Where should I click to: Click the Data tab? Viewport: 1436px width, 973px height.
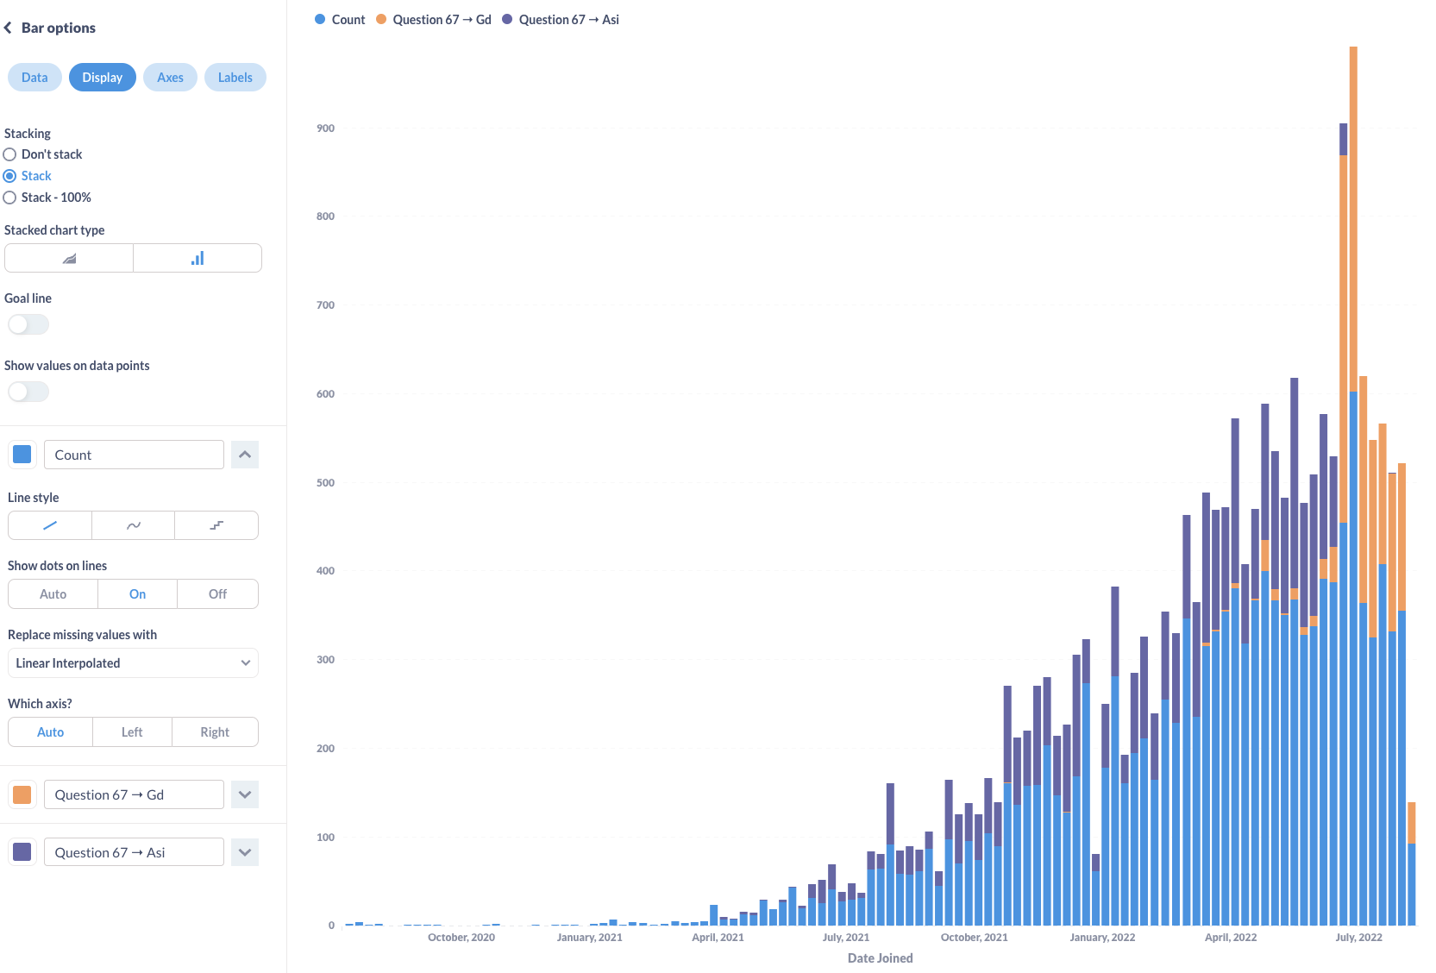pos(34,78)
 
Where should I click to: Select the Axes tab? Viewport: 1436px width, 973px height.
pos(170,78)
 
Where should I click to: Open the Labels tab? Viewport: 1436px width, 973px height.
pos(235,78)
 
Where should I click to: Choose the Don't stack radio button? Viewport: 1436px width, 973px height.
pos(10,154)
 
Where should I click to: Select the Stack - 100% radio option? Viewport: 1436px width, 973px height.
pos(10,198)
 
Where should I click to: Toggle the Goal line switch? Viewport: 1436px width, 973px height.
pos(28,324)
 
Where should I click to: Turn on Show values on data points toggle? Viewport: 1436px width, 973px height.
pos(28,392)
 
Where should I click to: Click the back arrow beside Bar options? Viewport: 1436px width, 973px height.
pos(8,28)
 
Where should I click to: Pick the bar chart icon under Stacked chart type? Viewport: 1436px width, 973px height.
pos(198,258)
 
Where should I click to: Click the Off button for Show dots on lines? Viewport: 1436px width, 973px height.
pos(217,594)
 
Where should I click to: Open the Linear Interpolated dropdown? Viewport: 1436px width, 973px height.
pos(133,663)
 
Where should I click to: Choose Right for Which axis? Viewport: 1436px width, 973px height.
pos(215,732)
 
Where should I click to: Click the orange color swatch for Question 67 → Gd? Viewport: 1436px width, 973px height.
pos(22,794)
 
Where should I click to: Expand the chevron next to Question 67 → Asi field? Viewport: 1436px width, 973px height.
pos(245,852)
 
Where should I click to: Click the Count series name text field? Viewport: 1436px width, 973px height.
pos(134,455)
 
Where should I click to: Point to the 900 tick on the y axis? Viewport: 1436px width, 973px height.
pos(325,129)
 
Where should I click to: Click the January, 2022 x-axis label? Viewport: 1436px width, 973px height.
pos(1102,938)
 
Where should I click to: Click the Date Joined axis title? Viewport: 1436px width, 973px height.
pos(880,958)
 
